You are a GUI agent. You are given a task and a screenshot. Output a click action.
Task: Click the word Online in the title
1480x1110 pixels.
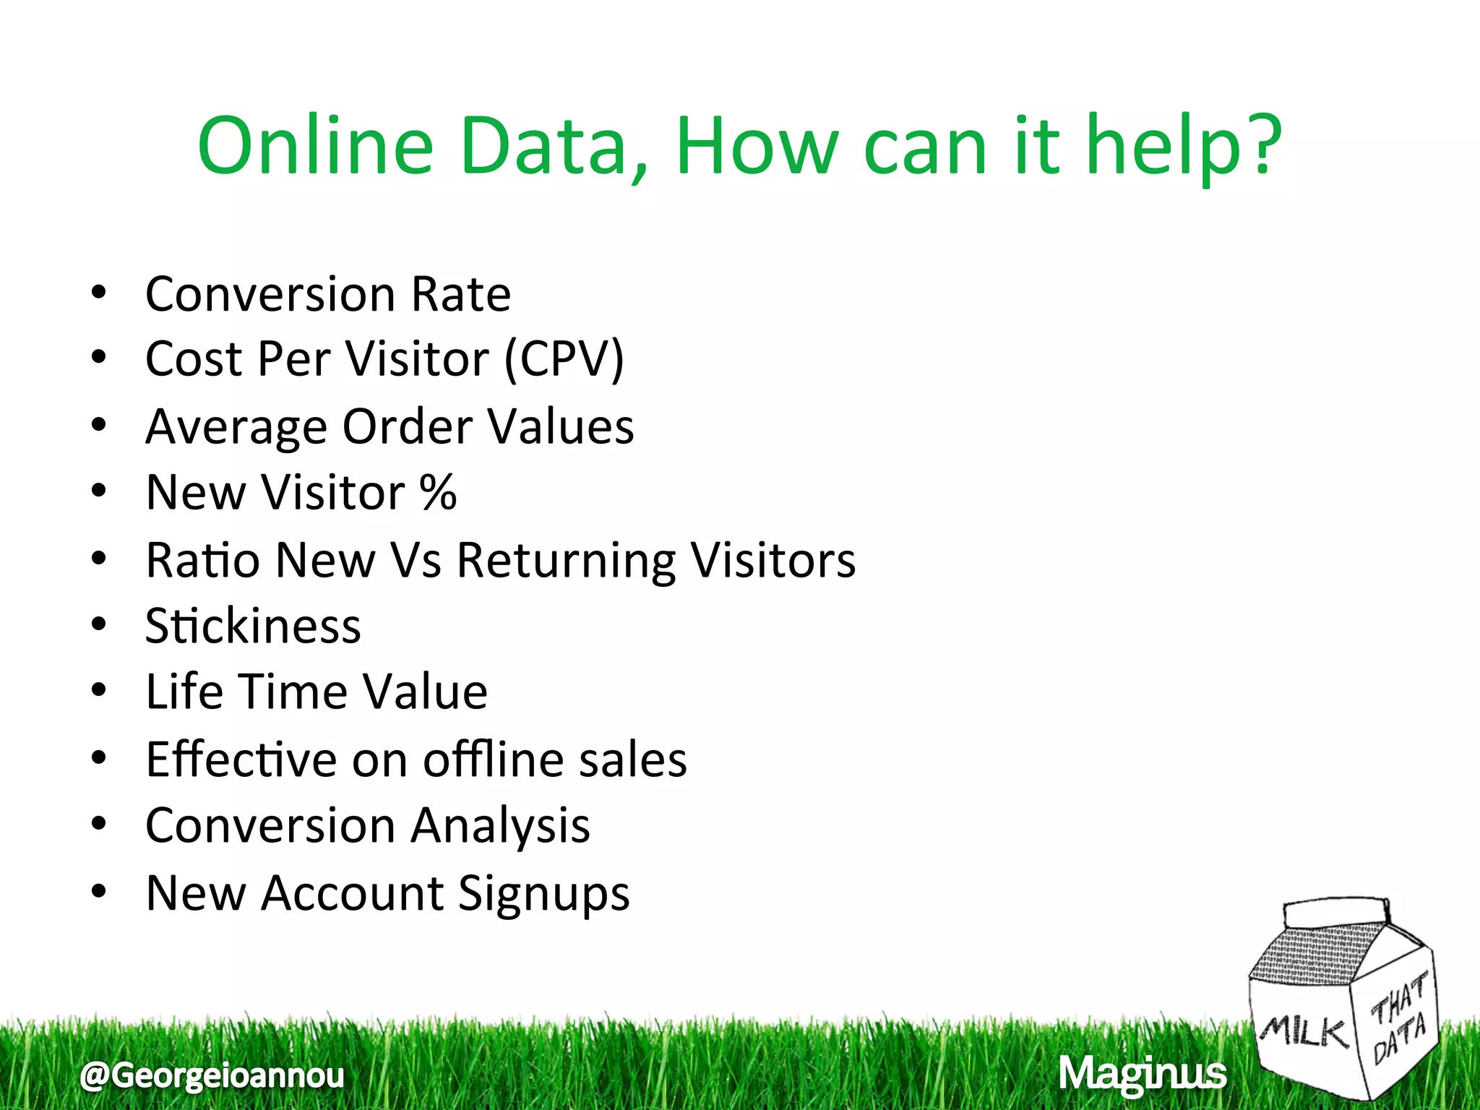315,147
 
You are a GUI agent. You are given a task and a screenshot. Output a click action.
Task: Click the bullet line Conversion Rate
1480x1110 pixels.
327,295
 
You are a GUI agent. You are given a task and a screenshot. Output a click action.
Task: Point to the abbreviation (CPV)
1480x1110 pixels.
564,359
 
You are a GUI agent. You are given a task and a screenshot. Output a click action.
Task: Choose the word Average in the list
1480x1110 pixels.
236,426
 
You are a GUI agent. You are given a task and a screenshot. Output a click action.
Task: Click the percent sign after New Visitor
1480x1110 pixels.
438,493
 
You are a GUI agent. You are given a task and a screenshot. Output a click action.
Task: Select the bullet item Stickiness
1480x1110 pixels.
253,626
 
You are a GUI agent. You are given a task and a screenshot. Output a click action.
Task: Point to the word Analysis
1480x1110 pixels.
500,826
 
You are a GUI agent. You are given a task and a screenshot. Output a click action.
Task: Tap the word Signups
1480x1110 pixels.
543,894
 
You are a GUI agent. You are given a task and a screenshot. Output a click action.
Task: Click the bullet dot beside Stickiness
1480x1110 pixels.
99,624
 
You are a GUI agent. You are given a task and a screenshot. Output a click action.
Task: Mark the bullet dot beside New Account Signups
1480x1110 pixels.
99,891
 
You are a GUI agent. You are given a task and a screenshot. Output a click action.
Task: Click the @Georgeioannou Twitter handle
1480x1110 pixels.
212,1075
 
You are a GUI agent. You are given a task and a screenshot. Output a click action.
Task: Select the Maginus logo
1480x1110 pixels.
1143,1075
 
